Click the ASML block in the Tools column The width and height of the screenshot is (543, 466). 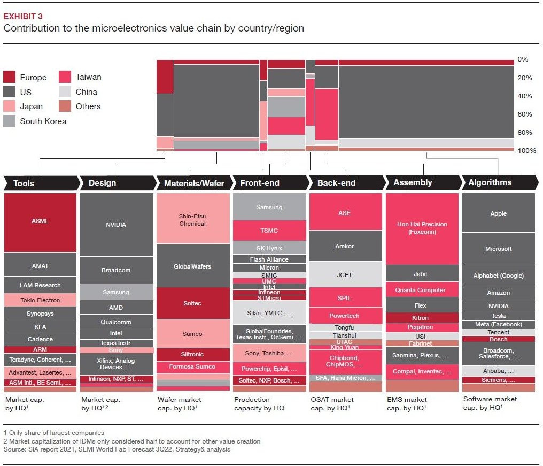40,221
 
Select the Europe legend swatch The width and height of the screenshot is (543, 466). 10,77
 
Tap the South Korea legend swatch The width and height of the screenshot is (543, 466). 10,121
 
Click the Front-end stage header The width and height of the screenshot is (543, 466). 260,183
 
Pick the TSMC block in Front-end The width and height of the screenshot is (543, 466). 269,231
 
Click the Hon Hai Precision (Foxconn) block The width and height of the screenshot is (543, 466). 422,228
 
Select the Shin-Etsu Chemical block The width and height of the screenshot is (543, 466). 192,220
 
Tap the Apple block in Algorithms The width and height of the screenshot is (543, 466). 498,213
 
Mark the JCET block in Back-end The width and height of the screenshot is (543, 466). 345,275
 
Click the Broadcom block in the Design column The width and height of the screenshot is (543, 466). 116,270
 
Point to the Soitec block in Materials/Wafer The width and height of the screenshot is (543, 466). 192,303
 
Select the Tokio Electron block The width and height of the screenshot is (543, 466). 40,300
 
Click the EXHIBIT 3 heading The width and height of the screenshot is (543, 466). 24,17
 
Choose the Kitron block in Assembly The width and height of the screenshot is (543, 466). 421,318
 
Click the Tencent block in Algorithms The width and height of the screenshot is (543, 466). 498,332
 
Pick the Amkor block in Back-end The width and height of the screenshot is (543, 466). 345,246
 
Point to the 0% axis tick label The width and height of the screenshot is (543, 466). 523,59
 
